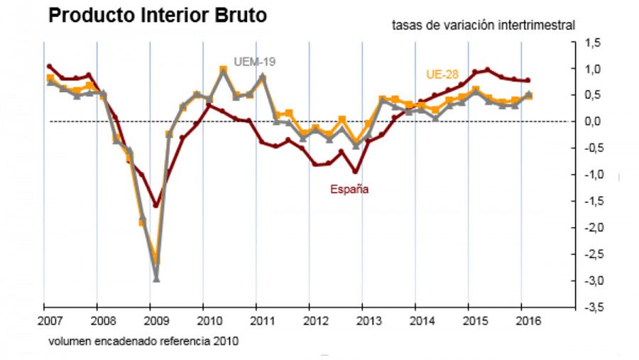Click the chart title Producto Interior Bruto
coord(158,15)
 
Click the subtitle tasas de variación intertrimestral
coord(483,26)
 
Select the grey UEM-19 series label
coord(255,62)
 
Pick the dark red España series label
coord(349,190)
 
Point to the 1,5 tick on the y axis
coord(593,43)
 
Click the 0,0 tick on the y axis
coord(593,121)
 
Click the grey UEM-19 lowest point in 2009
coord(156,279)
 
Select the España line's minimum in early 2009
coord(156,204)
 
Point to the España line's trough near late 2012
coord(354,171)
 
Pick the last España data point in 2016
coord(528,80)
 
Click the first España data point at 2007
coord(49,66)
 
